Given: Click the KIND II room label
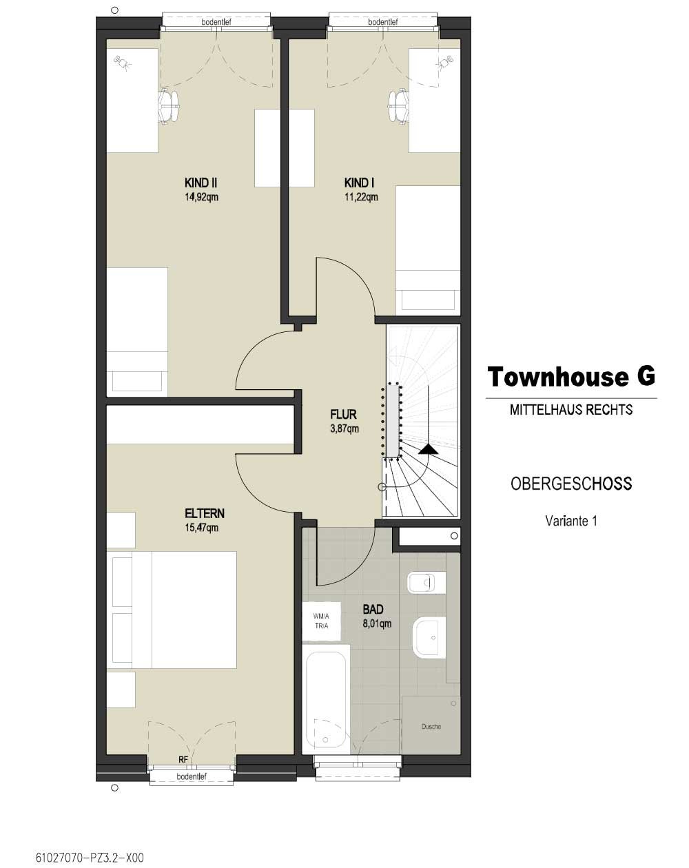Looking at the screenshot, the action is click(201, 183).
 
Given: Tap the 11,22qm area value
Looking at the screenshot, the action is click(362, 197).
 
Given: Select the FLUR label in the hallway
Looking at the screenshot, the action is click(343, 414).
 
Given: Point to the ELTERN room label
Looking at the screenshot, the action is click(205, 513).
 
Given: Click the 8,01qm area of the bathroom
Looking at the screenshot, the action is click(377, 623).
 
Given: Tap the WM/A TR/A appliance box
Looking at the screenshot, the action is click(322, 621).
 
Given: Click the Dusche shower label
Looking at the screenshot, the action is click(431, 726).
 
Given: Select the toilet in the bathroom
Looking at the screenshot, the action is click(426, 582).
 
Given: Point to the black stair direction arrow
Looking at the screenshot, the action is click(428, 450).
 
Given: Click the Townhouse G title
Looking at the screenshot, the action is click(571, 376).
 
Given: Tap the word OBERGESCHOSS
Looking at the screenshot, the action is click(571, 484).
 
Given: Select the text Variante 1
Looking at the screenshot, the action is click(571, 521).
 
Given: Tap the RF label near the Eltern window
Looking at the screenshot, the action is click(183, 759).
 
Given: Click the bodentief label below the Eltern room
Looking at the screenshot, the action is click(192, 776).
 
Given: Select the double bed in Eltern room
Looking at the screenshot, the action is click(172, 610).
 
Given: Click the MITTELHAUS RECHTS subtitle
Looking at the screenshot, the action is click(571, 410).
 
